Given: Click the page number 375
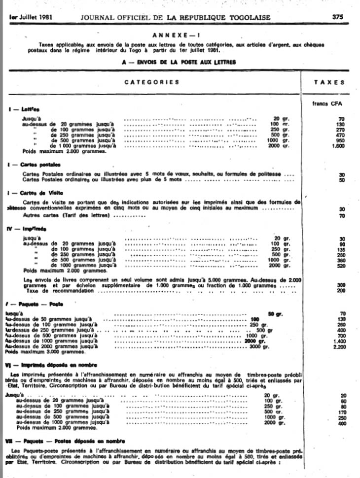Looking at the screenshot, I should [337, 16].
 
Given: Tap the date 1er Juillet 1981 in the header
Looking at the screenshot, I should [31, 17].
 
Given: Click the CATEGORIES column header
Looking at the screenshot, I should [151, 82].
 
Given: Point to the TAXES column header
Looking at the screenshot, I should [329, 82].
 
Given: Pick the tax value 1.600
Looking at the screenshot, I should [338, 146].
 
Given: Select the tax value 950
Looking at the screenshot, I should [339, 140].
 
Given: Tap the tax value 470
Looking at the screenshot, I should [339, 135].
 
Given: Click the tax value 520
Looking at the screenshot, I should [339, 266].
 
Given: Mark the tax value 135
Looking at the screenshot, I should [339, 249].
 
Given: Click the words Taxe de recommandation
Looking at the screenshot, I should [61, 291].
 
